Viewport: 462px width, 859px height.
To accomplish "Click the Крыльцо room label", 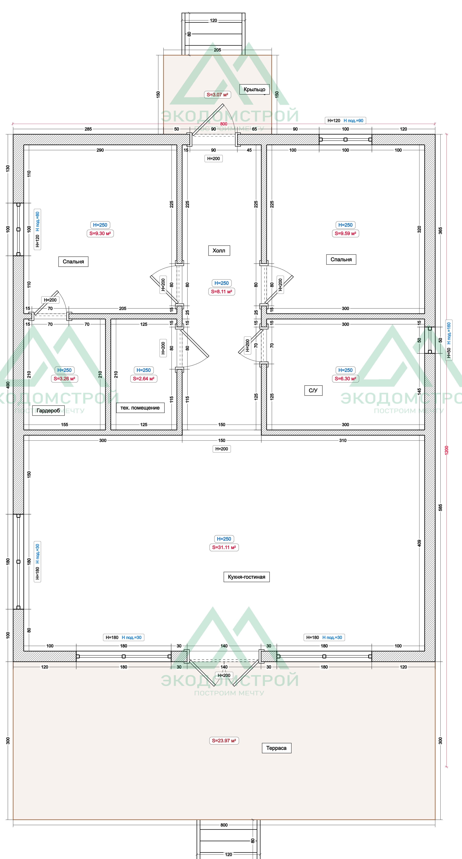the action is click(x=254, y=89).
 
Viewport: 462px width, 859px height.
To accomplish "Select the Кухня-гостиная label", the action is click(x=247, y=577).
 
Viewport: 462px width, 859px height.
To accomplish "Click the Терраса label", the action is click(x=276, y=748).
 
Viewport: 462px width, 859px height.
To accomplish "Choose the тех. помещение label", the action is click(x=140, y=408).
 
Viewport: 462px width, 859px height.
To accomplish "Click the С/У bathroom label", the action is click(x=313, y=390).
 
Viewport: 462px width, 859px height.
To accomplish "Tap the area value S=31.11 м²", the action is click(x=224, y=547).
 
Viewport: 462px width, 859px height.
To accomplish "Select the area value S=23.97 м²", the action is click(x=224, y=741).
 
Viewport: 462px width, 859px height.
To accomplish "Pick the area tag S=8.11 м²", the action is click(x=222, y=292).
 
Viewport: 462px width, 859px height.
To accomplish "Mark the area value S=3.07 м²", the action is click(x=217, y=95).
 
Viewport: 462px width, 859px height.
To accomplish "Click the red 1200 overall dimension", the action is click(x=447, y=450).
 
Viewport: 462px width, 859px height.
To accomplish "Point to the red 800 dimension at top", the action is click(x=223, y=124).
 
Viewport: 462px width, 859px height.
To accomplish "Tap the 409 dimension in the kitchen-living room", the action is click(x=419, y=543).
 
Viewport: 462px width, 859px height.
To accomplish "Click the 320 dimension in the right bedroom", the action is click(x=419, y=229).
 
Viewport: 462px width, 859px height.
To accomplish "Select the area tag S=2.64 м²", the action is click(x=143, y=378).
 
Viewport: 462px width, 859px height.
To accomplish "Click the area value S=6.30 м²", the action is click(x=345, y=378).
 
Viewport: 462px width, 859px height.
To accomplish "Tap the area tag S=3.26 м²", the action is click(x=64, y=378).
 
